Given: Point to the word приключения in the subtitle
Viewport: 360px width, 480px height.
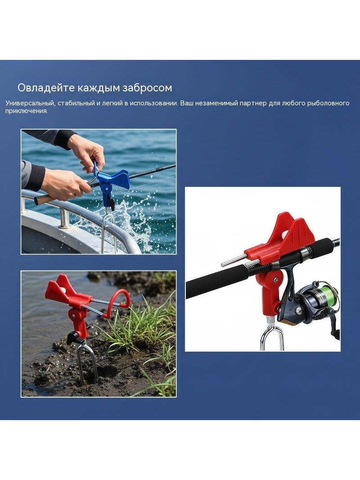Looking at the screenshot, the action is pos(26,111).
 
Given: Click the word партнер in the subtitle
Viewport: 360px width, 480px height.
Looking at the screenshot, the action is pos(253,103).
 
